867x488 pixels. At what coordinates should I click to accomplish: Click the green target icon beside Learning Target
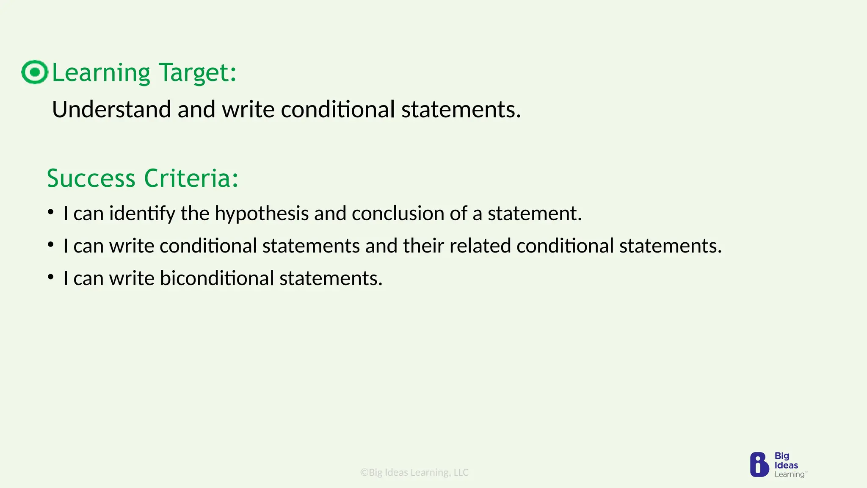click(x=35, y=72)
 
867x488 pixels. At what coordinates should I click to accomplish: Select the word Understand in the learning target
click(x=111, y=109)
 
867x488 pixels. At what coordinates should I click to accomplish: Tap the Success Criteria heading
click(x=143, y=178)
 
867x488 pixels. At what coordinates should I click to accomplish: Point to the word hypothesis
click(x=261, y=213)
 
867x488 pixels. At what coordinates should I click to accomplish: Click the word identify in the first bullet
click(x=142, y=213)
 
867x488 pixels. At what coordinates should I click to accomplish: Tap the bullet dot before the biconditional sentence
click(x=51, y=277)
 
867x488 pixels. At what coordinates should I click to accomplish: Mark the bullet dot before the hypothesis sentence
click(x=51, y=212)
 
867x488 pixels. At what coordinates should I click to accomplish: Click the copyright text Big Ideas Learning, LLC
click(x=414, y=472)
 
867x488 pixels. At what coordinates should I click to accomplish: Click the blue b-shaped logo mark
click(x=759, y=465)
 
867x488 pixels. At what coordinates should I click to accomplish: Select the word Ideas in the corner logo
click(x=786, y=465)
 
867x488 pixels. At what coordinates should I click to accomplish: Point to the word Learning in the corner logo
click(x=789, y=474)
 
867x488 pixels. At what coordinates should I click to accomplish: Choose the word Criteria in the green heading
click(x=191, y=178)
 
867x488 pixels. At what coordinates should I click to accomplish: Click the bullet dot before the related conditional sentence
click(x=51, y=245)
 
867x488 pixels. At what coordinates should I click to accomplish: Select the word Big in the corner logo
click(x=782, y=456)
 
